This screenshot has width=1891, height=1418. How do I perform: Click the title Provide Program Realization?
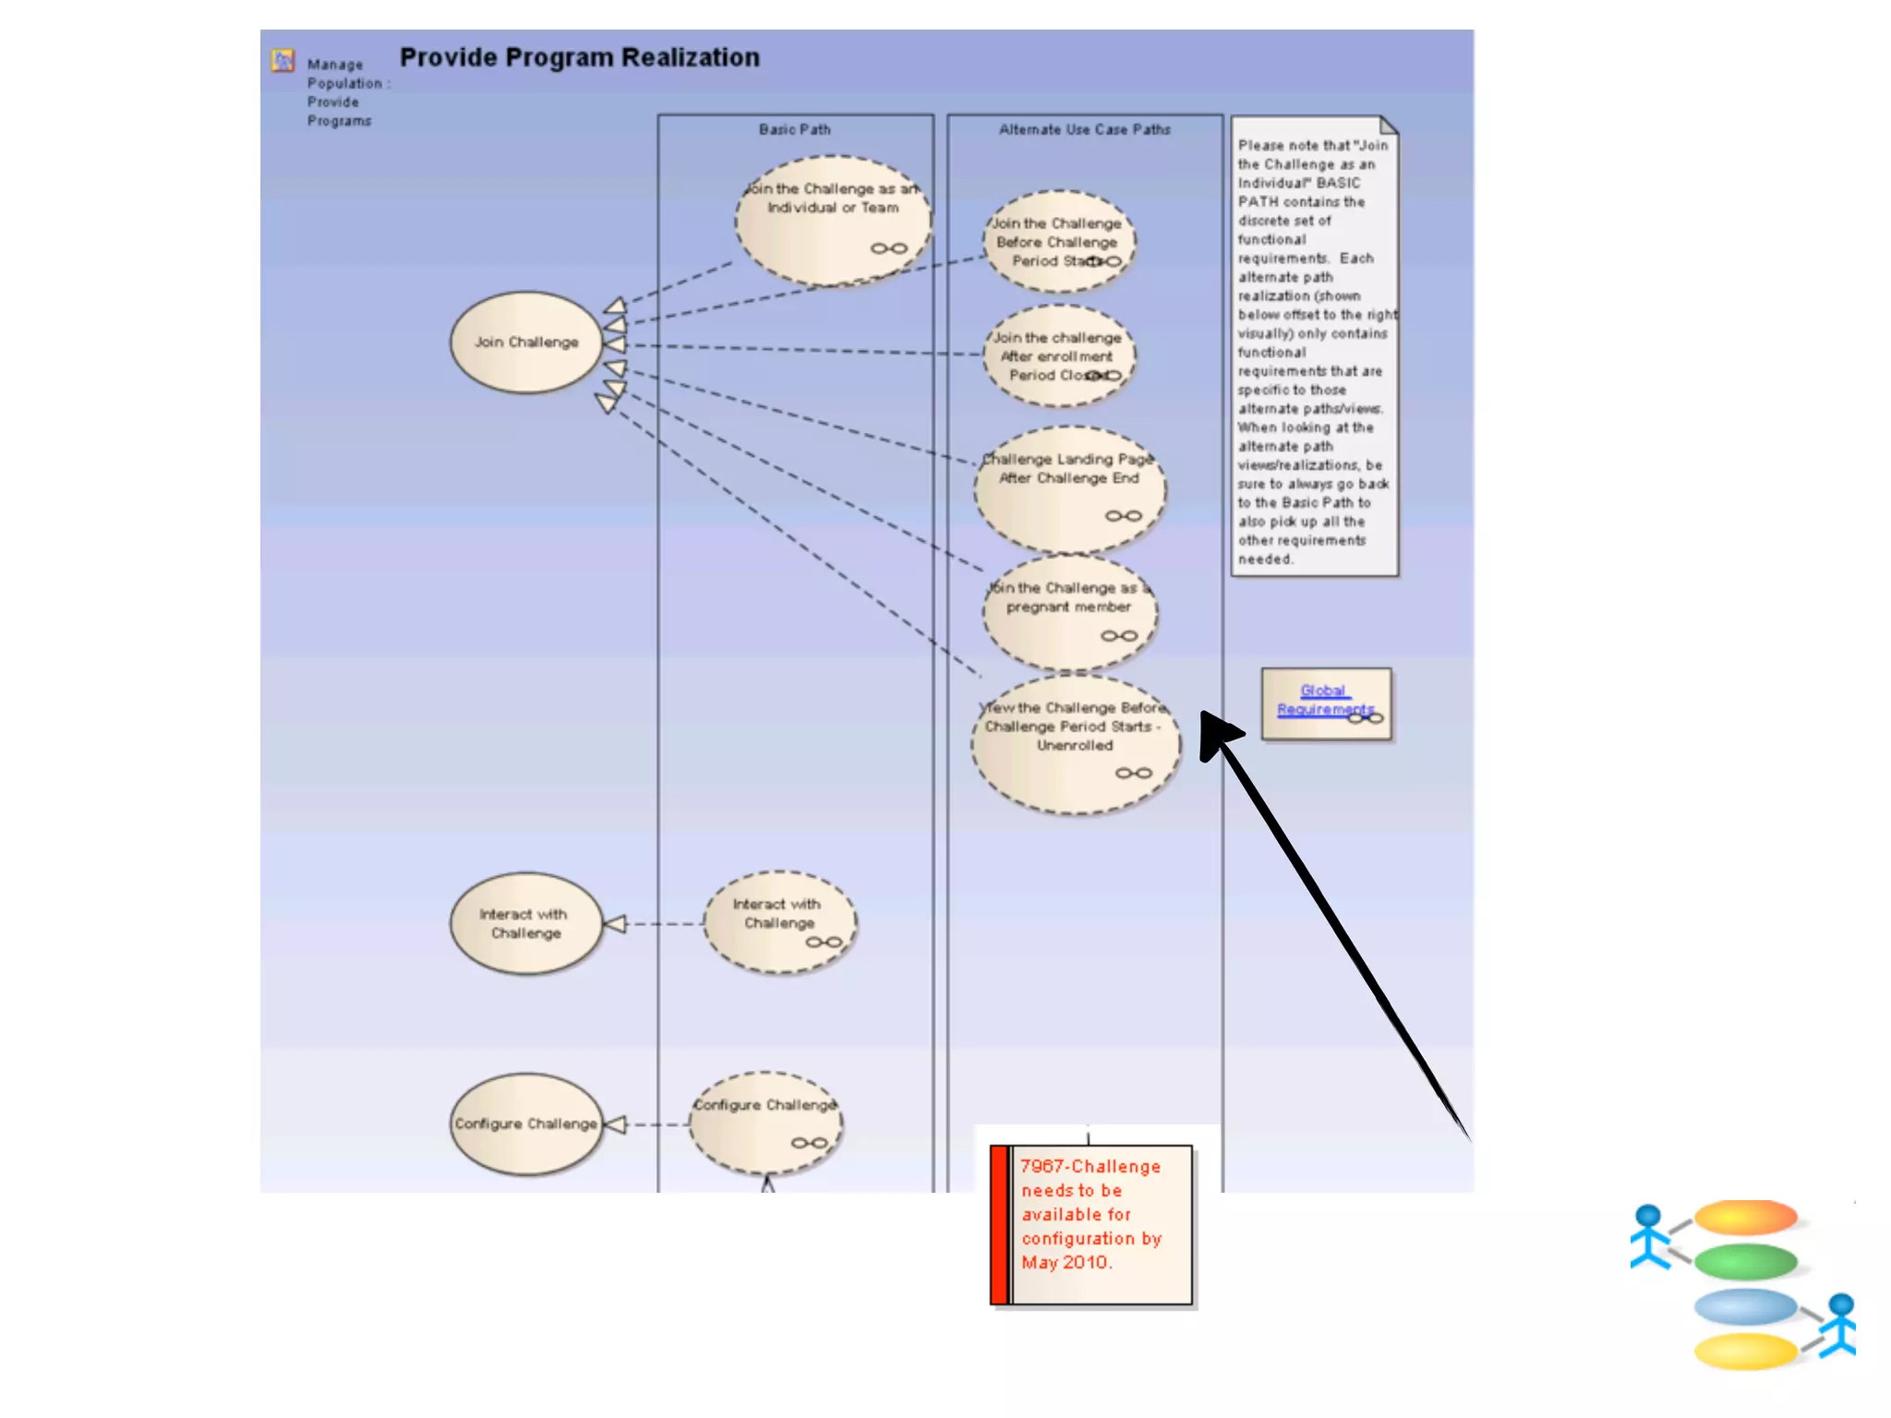(579, 57)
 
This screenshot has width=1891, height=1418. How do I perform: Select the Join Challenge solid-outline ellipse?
(526, 342)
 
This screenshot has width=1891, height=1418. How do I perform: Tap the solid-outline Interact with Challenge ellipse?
(526, 923)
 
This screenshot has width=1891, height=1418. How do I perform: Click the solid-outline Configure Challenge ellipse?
(526, 1124)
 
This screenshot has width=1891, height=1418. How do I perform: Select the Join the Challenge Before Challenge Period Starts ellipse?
(1058, 242)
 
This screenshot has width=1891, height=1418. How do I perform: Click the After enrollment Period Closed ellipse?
(1058, 356)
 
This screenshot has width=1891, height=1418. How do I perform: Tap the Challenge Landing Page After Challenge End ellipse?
(1070, 489)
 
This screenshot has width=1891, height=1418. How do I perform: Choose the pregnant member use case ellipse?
(1070, 611)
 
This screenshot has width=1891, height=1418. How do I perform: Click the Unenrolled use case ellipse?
(1075, 744)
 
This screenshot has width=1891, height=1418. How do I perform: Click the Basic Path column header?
(795, 129)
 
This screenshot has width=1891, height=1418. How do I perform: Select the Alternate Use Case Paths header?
(1084, 129)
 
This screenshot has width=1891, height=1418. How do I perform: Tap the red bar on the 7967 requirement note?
(999, 1224)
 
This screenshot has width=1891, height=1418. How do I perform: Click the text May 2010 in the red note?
(1066, 1262)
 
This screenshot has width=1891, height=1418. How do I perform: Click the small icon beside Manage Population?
(283, 61)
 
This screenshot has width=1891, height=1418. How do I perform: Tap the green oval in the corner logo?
(1745, 1261)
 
